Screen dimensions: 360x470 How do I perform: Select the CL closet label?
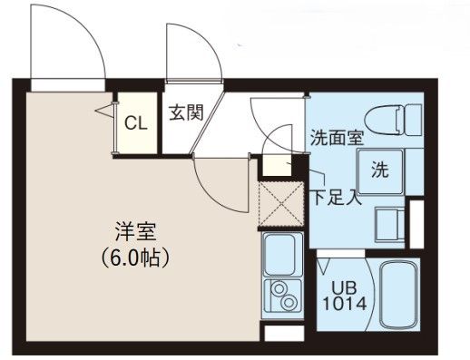(137, 122)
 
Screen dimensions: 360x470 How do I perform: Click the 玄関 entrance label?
(185, 114)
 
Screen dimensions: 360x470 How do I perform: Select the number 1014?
(344, 304)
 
